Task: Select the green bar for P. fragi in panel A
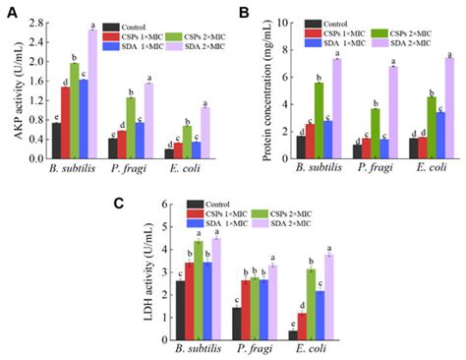(x=131, y=127)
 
